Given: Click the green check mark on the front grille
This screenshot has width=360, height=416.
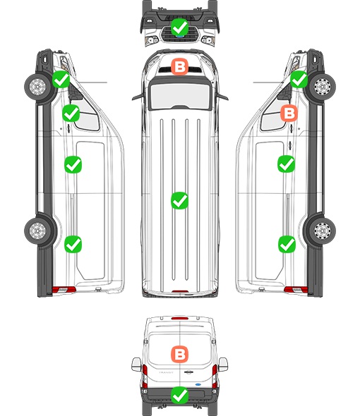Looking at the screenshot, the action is pyautogui.click(x=179, y=27).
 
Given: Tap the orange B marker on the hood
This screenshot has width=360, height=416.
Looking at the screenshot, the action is pyautogui.click(x=179, y=66).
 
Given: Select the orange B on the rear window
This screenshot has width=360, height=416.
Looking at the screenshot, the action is pyautogui.click(x=179, y=354).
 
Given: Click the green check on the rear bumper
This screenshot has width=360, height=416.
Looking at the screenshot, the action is pyautogui.click(x=179, y=396).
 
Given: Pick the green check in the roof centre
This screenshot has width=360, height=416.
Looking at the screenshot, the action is pyautogui.click(x=179, y=200).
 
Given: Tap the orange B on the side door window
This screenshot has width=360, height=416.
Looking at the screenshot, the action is pyautogui.click(x=289, y=113).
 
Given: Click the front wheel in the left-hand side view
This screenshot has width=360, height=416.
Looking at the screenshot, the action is pyautogui.click(x=37, y=87).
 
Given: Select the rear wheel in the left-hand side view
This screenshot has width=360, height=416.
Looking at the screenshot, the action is pyautogui.click(x=37, y=231).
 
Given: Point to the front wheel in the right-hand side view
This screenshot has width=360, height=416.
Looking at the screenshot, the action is pyautogui.click(x=323, y=87).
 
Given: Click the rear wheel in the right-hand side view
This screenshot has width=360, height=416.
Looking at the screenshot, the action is pyautogui.click(x=323, y=231).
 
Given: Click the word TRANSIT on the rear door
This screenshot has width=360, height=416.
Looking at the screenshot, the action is pyautogui.click(x=166, y=372).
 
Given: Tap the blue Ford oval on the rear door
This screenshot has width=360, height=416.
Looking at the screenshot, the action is pyautogui.click(x=198, y=384).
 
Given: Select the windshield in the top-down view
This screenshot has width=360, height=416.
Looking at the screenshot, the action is pyautogui.click(x=180, y=95).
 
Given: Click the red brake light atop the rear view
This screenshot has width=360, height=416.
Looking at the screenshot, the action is pyautogui.click(x=180, y=318).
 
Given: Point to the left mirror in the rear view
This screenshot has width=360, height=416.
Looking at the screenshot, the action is pyautogui.click(x=136, y=365).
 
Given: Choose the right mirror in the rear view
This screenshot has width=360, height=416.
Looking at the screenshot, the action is pyautogui.click(x=223, y=365).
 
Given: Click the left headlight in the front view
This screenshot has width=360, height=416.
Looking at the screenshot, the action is pyautogui.click(x=152, y=41).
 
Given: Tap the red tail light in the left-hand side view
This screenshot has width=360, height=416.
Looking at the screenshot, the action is pyautogui.click(x=64, y=290).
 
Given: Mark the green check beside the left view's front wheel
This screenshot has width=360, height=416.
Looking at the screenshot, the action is pyautogui.click(x=61, y=80).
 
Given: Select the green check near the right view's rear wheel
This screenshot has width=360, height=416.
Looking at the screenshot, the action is pyautogui.click(x=287, y=245).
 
